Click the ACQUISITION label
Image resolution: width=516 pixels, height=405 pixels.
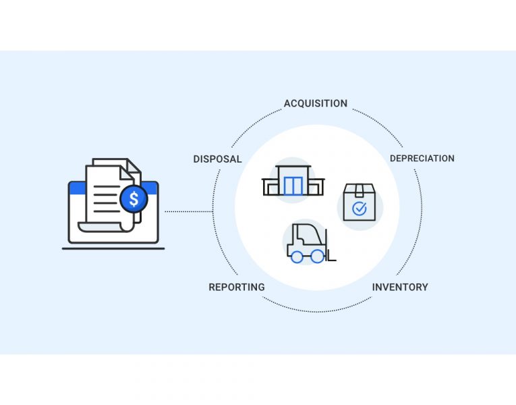(315, 104)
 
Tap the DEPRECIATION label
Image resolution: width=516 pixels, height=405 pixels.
(422, 159)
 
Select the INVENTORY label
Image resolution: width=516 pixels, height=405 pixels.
(400, 287)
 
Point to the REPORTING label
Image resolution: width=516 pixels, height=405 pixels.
(236, 287)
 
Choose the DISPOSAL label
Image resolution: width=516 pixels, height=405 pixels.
(217, 159)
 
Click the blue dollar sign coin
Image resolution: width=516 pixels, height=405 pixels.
(134, 199)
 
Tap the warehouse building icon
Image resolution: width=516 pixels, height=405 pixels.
(293, 181)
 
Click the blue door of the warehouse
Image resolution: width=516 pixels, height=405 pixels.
(293, 186)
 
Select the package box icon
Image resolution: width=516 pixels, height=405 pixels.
(360, 202)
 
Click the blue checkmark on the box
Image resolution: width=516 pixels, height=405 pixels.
(360, 209)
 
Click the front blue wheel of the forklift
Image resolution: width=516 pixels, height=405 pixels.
(317, 256)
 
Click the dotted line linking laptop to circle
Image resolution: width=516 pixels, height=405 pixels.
(189, 211)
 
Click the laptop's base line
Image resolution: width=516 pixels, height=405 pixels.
(113, 248)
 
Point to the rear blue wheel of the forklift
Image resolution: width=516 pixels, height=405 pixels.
(297, 256)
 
